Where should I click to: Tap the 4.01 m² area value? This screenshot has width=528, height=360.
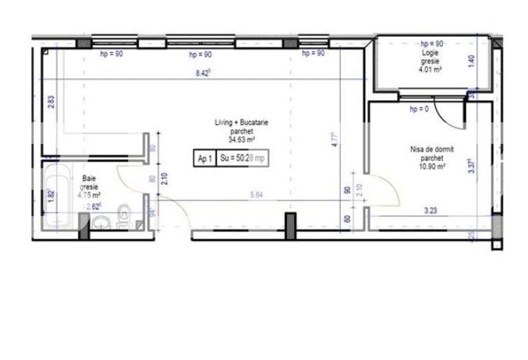[430, 69]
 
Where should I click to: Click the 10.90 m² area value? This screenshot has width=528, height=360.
[431, 167]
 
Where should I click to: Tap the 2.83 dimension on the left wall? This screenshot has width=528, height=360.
[50, 101]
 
